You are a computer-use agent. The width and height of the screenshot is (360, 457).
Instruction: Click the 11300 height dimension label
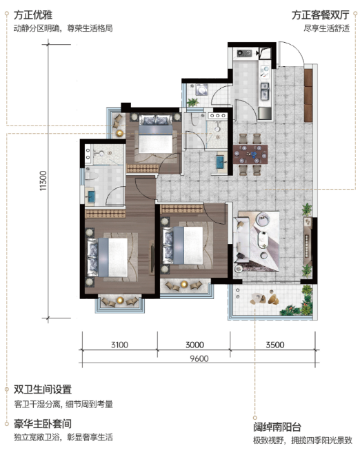coord(43,181)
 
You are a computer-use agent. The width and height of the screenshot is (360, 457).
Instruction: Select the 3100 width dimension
coord(119,345)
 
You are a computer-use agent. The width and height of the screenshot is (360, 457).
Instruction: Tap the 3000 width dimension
coord(194,345)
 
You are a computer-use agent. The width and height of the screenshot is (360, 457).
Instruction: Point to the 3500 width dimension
coord(275,345)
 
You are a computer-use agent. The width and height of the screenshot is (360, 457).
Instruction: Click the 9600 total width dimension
coord(199,358)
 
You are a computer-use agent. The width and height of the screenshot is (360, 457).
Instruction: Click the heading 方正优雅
coord(33,15)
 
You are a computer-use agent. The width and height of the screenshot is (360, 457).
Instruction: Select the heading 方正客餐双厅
coord(321,15)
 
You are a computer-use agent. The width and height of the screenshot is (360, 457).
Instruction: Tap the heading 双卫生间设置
coord(43,389)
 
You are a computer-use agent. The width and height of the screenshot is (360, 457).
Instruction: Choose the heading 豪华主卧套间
coord(43,423)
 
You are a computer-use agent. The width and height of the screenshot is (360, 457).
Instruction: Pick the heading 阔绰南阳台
coord(277,427)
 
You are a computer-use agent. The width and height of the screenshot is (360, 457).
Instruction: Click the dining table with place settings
coord(250,154)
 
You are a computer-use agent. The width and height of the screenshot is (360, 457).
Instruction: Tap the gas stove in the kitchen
coord(244,53)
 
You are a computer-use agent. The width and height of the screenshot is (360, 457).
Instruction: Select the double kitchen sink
coord(265,91)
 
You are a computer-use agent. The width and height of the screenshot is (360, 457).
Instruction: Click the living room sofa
coord(241,241)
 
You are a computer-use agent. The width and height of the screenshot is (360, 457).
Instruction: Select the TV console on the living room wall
coord(307,241)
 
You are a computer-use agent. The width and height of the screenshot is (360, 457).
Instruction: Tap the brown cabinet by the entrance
coord(308,95)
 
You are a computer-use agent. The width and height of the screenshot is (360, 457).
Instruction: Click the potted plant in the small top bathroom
coord(192,102)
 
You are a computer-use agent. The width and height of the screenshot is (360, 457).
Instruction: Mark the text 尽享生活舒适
coord(326,28)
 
